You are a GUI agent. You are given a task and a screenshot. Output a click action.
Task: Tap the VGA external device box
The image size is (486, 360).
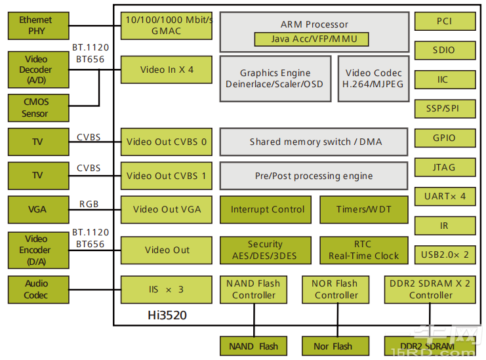(x=37, y=210)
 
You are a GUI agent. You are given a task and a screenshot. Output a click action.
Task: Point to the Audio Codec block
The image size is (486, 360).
(x=37, y=289)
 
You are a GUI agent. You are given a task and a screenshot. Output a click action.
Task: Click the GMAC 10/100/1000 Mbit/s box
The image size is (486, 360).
(x=167, y=26)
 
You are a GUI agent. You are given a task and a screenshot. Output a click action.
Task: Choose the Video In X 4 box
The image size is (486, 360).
(x=167, y=70)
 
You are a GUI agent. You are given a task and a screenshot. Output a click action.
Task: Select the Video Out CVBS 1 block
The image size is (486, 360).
(x=167, y=176)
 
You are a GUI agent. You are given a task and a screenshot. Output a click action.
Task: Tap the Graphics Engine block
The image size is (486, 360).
(x=275, y=79)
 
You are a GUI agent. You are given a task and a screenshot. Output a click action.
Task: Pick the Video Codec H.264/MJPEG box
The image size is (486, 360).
(x=374, y=79)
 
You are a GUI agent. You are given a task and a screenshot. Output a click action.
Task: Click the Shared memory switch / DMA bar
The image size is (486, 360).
(x=315, y=142)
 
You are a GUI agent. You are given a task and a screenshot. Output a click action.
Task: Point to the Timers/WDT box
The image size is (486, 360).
(x=363, y=210)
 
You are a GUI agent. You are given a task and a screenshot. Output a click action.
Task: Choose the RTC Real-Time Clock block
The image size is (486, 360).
(x=363, y=250)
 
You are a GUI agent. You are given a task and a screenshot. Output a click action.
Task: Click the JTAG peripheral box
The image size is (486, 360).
(x=445, y=168)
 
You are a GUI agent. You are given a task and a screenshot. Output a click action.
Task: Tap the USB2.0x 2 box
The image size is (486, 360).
(x=445, y=254)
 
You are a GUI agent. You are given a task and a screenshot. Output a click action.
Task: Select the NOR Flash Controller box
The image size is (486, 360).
(x=335, y=289)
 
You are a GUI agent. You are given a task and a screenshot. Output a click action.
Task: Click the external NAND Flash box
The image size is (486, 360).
(x=253, y=346)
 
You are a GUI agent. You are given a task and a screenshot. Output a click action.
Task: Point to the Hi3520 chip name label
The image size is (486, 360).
(x=167, y=315)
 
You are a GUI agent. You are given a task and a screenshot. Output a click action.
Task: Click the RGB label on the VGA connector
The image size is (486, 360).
(x=89, y=204)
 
